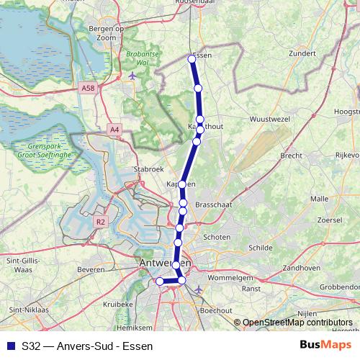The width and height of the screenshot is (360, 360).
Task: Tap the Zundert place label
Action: point(301,53)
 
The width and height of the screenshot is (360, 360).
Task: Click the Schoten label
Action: point(217,237)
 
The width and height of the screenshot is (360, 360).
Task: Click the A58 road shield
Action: point(88,88)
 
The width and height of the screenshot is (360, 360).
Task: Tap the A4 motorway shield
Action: point(115,130)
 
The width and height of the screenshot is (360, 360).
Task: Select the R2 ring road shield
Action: point(100,223)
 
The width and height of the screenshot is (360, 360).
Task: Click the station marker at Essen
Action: point(192,59)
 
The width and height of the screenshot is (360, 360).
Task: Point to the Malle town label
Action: point(319,198)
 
